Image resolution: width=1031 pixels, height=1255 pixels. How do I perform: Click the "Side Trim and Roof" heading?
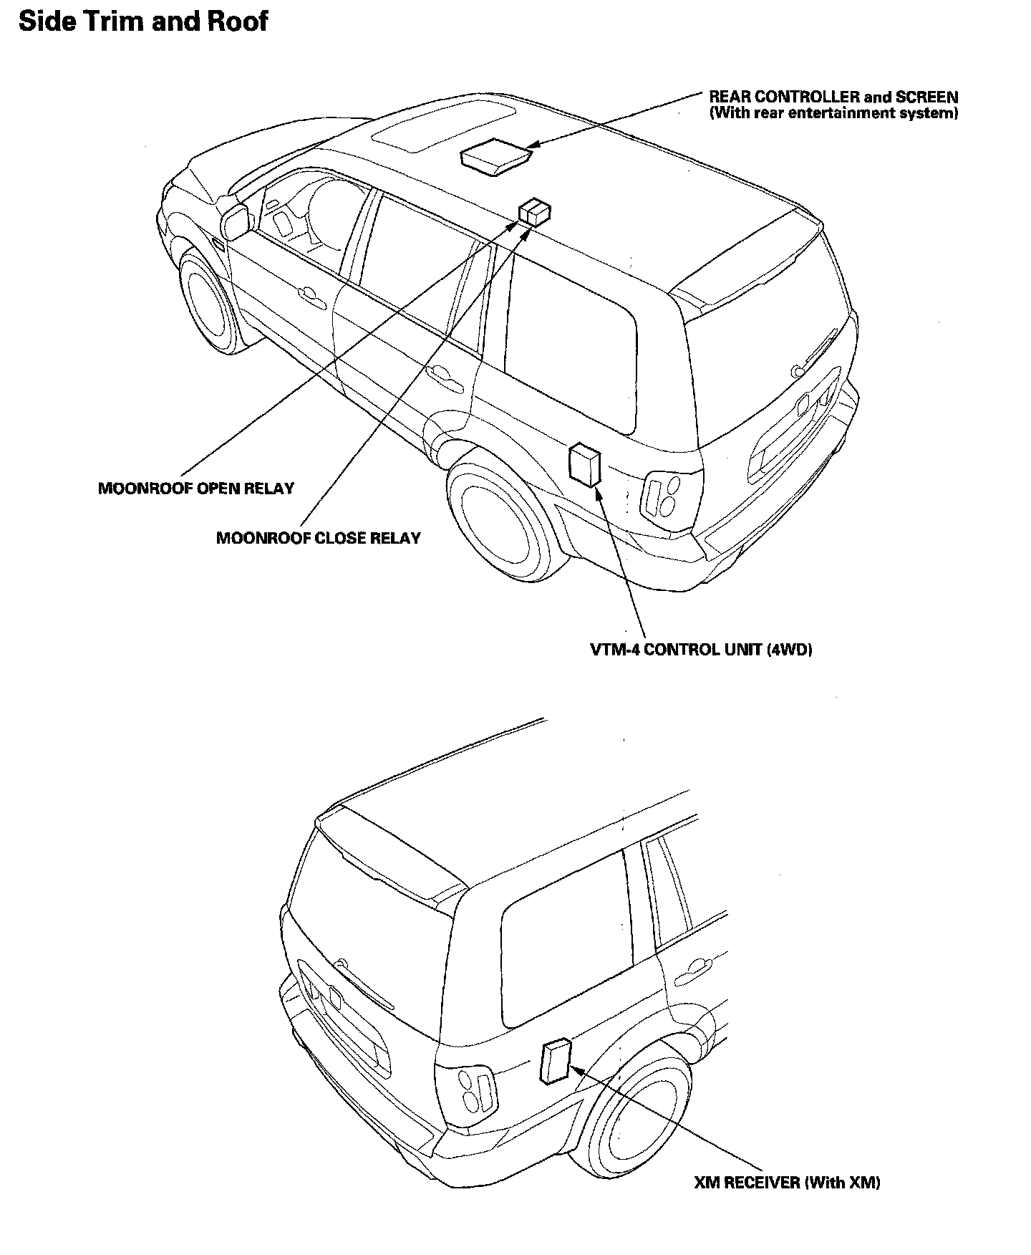pos(143,21)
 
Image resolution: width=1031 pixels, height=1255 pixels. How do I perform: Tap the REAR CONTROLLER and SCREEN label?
pos(833,97)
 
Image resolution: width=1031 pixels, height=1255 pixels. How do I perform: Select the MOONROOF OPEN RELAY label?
pos(196,489)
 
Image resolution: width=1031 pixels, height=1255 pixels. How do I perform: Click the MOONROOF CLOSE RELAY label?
pos(319,538)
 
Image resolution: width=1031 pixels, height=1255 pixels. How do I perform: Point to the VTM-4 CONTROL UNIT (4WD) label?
pos(701,650)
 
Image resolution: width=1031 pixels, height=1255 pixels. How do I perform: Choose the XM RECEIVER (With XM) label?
pos(787,1183)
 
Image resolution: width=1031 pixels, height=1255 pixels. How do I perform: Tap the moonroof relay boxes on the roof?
pos(535,212)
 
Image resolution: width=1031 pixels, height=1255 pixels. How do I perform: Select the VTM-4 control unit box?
pos(584,465)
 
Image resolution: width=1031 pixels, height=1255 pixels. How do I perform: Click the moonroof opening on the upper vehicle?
pos(444,128)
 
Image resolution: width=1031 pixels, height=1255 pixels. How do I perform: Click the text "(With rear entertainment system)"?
pos(833,114)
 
